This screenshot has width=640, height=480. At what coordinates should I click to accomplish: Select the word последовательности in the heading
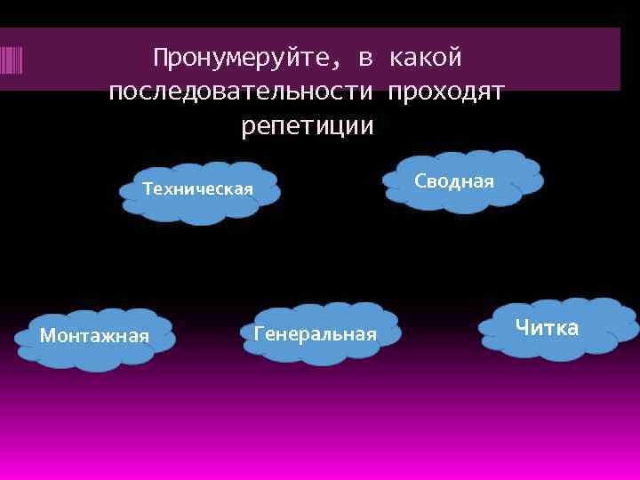coord(241,92)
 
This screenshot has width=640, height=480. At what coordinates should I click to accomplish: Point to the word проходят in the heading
coord(446,92)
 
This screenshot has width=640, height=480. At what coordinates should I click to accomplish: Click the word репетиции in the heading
coord(308,125)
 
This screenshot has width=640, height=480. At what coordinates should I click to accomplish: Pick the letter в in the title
coord(365,60)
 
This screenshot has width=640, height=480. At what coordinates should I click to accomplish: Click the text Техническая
coord(198,188)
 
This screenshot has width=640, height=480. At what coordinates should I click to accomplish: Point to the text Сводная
coord(453,181)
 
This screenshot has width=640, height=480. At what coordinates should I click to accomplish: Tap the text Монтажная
coord(94,335)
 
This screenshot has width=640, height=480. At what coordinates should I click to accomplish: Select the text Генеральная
coord(316,333)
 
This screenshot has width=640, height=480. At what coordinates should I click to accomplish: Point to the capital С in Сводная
coord(420,181)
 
